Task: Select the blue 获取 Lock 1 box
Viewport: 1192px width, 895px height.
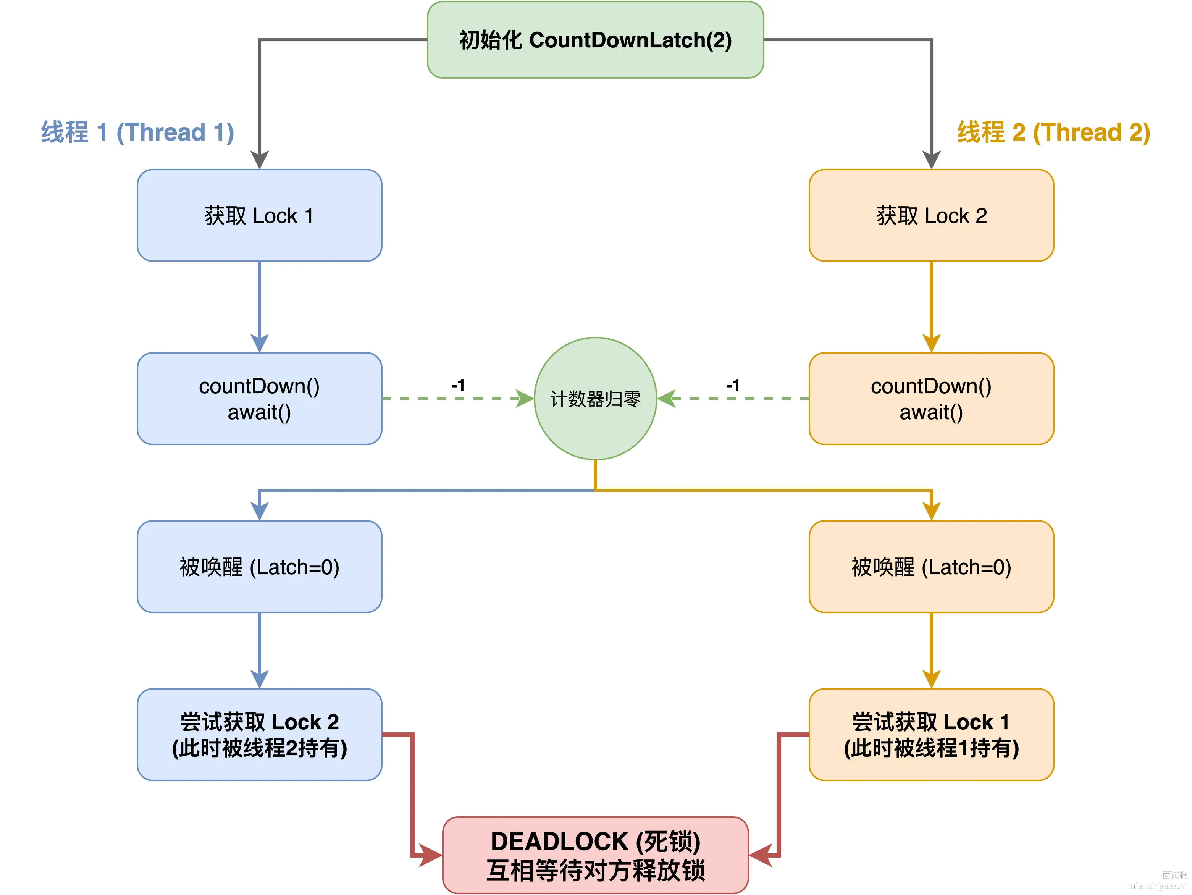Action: [259, 215]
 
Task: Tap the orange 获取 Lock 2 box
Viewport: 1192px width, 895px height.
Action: [931, 215]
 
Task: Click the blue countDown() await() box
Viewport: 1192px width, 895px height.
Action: [259, 399]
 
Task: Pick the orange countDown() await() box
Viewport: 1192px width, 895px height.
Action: [931, 399]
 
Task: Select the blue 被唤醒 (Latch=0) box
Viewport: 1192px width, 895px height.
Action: [259, 567]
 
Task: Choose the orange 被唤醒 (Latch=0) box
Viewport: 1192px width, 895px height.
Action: [931, 567]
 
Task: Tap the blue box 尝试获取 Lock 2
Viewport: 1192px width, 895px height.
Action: [259, 734]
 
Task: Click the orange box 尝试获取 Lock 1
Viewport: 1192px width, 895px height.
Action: [931, 734]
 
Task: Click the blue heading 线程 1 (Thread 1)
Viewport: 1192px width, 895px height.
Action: [137, 132]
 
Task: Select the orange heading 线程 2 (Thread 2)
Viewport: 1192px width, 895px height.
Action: [1053, 132]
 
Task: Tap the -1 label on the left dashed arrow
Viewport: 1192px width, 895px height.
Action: [458, 385]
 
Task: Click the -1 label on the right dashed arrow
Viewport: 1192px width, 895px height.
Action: [733, 385]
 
